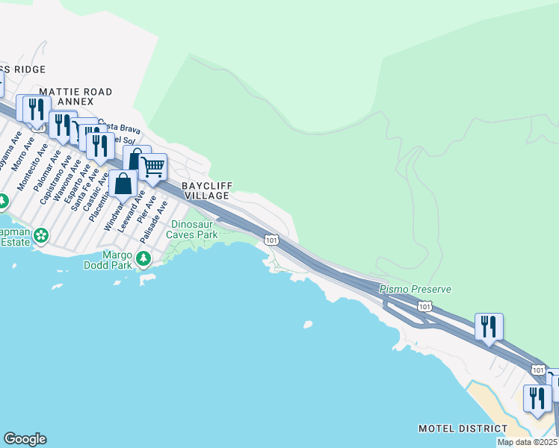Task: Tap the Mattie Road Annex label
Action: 75,96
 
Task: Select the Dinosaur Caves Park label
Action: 194,229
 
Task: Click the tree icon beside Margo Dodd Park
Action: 143,258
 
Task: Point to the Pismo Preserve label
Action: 415,289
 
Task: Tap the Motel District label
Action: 463,429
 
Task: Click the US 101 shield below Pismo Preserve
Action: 424,306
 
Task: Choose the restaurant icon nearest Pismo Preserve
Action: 489,326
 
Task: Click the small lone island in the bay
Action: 307,325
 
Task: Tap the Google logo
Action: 25,439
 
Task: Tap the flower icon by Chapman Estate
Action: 41,235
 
